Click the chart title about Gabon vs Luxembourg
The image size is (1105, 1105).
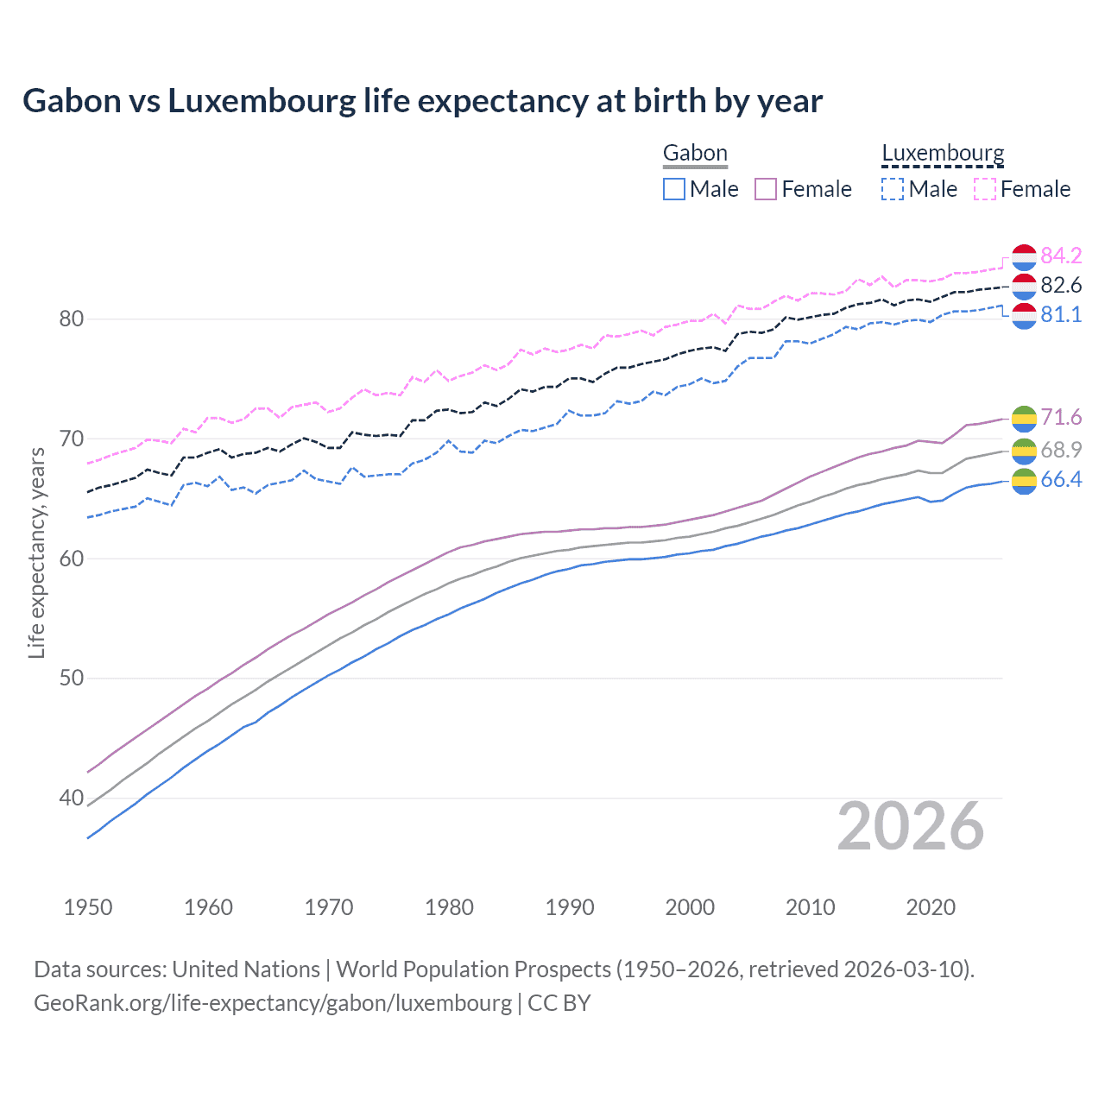click(422, 101)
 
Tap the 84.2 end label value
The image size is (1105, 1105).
click(1061, 256)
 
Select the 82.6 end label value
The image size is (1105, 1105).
click(1061, 285)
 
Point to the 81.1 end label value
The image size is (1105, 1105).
click(1061, 314)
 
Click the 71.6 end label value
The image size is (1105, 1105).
click(1061, 418)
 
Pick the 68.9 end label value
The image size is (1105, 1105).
click(1061, 450)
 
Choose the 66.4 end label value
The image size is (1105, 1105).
click(1061, 480)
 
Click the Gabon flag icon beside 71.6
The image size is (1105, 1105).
click(1024, 418)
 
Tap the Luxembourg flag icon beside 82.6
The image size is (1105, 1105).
click(1024, 285)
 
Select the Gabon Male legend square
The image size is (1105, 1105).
click(674, 189)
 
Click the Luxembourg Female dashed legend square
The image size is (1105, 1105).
click(985, 189)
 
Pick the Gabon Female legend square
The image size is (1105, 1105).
click(766, 189)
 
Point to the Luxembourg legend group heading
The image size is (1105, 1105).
click(943, 154)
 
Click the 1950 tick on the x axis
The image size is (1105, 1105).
click(88, 907)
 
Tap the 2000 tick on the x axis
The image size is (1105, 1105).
click(690, 907)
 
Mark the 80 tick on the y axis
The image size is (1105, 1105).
click(71, 319)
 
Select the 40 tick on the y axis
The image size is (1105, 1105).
click(71, 798)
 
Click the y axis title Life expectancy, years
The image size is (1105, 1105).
click(36, 552)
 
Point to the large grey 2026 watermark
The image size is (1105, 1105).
click(911, 826)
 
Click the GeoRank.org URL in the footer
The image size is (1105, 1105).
click(273, 1003)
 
